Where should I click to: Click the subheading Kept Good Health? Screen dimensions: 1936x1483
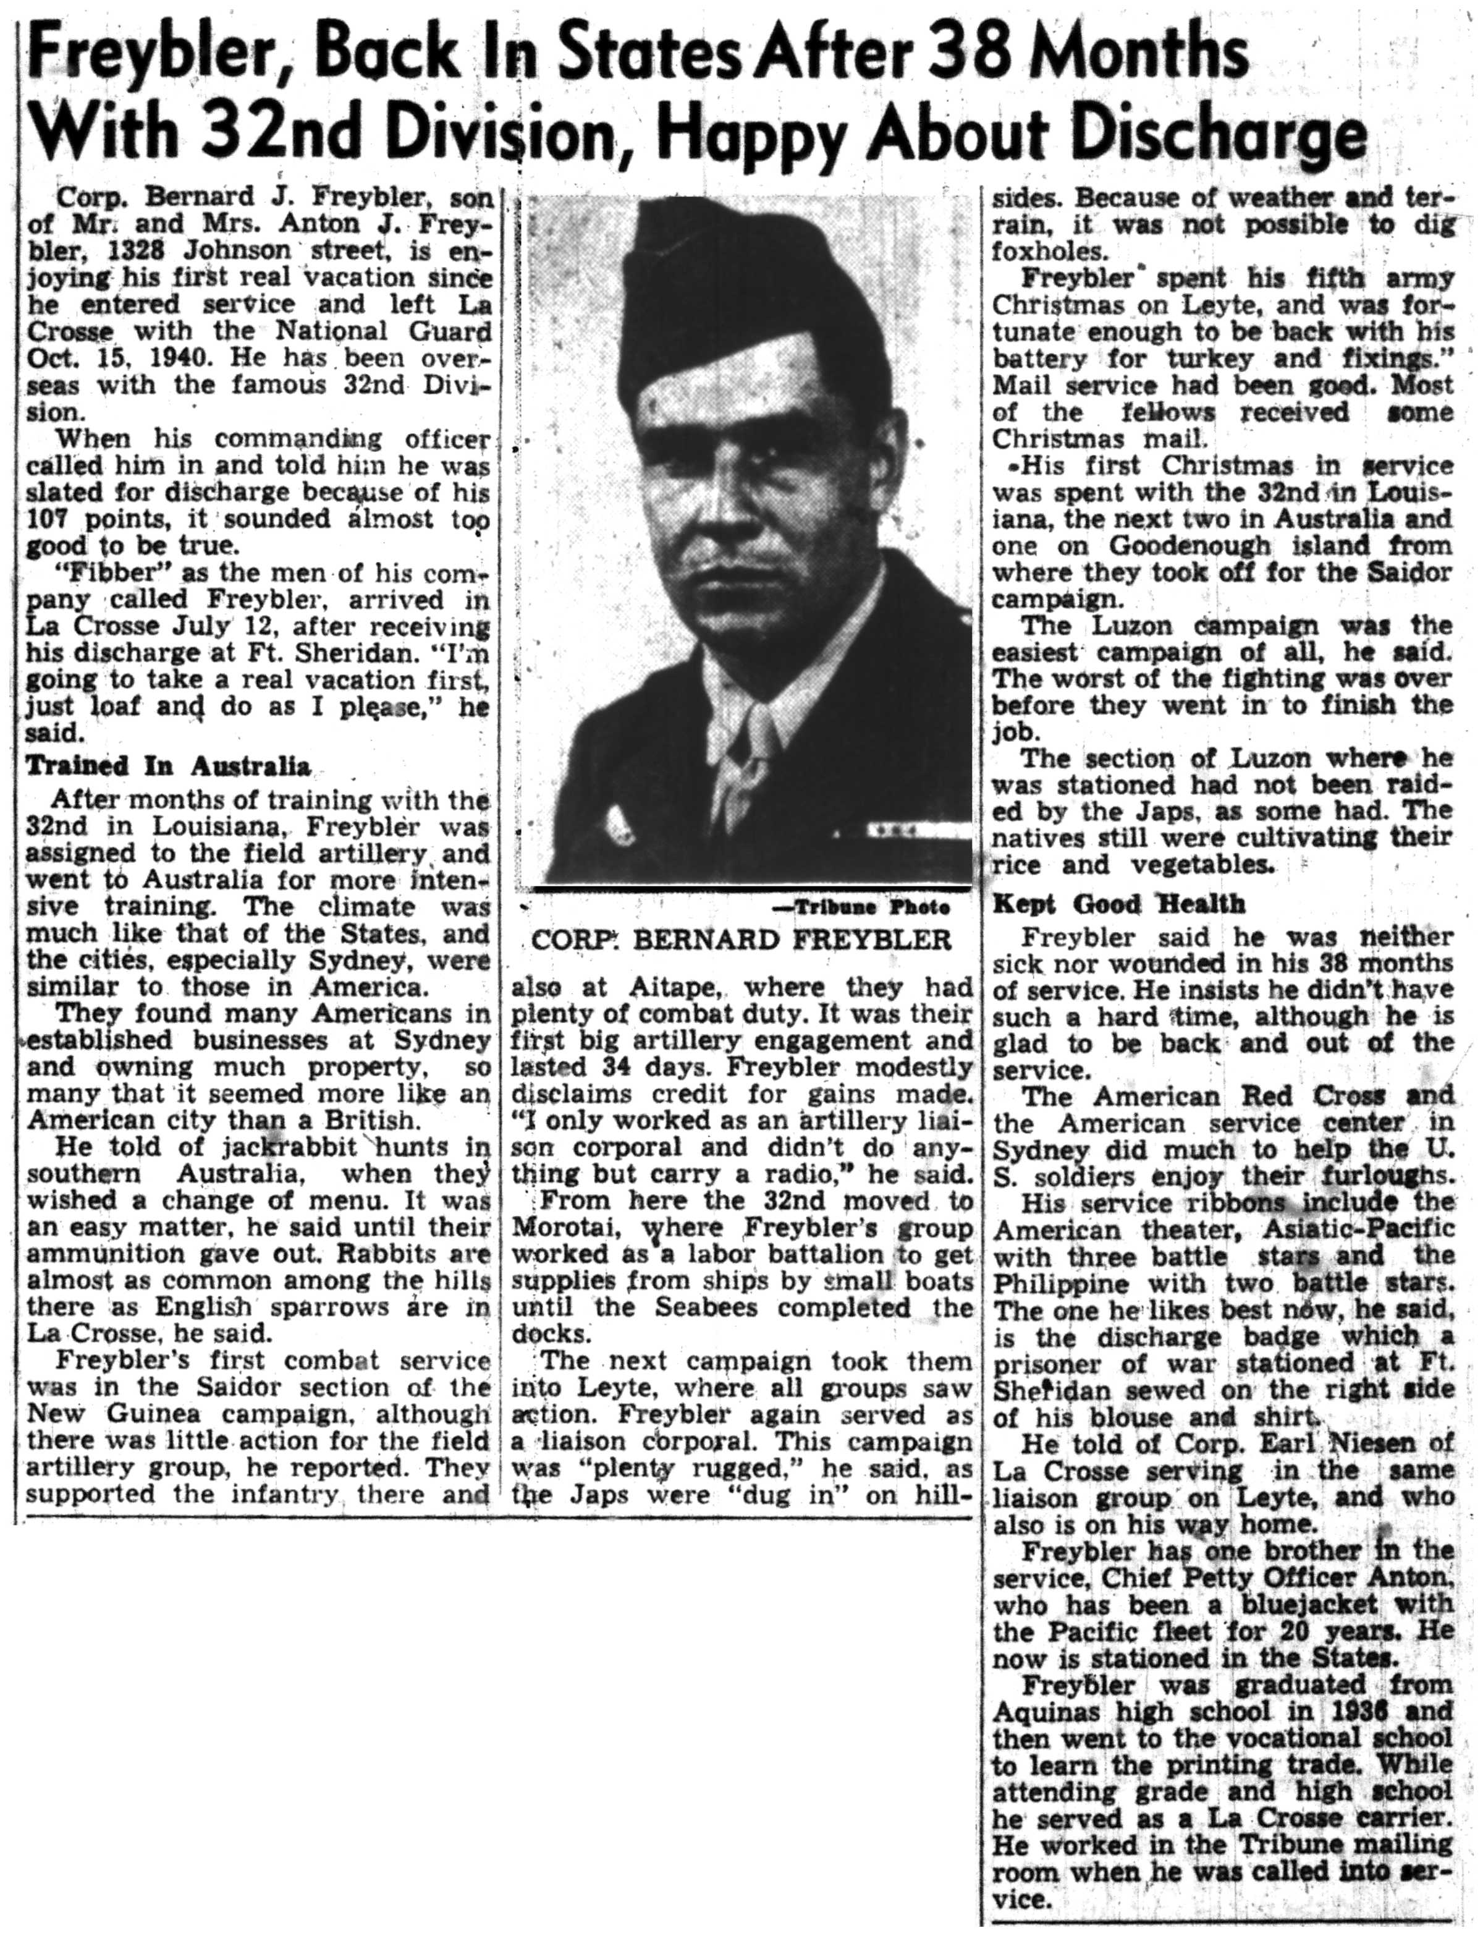(1118, 903)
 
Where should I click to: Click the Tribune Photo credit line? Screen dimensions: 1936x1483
(871, 907)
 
